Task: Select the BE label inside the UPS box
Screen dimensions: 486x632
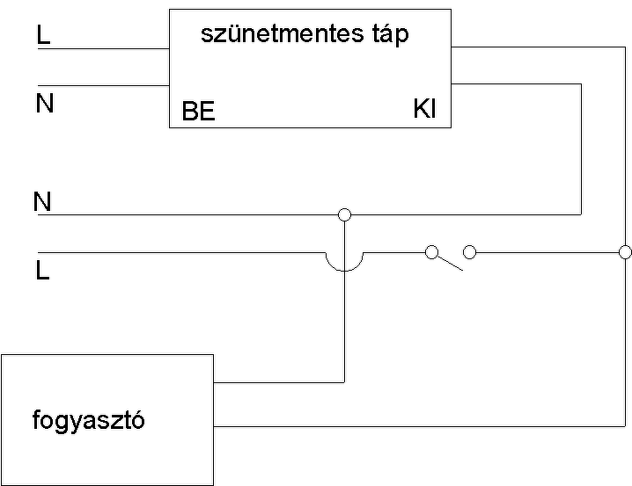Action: click(x=198, y=112)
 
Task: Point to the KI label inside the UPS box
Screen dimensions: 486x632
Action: click(x=424, y=110)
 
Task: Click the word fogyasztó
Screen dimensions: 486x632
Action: click(x=88, y=420)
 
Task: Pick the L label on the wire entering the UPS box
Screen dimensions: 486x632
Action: click(x=44, y=35)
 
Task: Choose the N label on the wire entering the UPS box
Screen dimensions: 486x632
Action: click(x=44, y=104)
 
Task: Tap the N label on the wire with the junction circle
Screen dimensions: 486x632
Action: click(x=42, y=202)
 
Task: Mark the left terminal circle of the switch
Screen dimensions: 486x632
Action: click(x=431, y=252)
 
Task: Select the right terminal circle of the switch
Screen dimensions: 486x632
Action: click(x=469, y=252)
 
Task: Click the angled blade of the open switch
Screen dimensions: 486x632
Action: click(x=450, y=262)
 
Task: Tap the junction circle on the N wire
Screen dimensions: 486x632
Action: click(x=344, y=214)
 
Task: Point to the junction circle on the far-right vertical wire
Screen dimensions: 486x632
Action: click(x=625, y=252)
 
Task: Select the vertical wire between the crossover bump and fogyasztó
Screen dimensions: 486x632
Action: click(x=344, y=325)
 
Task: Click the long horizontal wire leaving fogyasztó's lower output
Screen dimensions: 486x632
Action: click(x=414, y=426)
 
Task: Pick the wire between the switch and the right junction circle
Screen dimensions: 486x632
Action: click(x=546, y=252)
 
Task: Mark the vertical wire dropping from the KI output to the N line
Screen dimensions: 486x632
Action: click(x=581, y=149)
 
